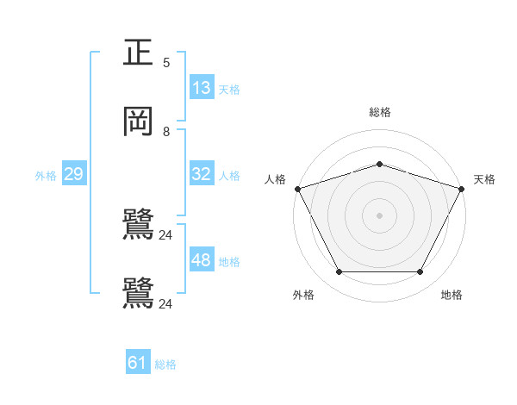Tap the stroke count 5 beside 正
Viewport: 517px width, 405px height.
(166, 62)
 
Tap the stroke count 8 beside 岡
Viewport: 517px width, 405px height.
(166, 132)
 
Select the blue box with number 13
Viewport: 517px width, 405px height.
(202, 88)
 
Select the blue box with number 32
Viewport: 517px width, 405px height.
(202, 174)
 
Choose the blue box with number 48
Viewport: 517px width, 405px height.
(202, 260)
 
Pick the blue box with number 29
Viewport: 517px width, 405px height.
(73, 174)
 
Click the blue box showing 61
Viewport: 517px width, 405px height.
(138, 364)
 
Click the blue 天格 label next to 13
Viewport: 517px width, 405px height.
(228, 90)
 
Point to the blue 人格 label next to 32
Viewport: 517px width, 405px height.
(228, 176)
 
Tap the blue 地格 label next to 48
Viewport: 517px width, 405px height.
(228, 262)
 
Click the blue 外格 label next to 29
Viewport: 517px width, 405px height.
(46, 176)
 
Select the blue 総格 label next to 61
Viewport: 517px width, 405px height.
(165, 365)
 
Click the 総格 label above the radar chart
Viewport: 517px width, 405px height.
(380, 112)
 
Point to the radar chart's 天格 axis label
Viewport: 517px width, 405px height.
(484, 179)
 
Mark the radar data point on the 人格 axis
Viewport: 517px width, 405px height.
(297, 189)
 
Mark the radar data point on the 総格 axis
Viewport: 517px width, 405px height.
(380, 164)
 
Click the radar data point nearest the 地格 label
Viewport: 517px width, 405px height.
(420, 272)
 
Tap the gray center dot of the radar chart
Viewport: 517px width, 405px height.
(380, 215)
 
